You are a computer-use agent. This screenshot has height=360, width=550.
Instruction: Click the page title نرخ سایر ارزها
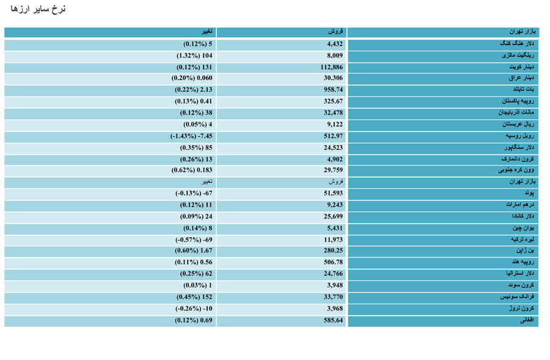coord(38,9)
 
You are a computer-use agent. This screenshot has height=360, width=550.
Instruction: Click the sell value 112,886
coord(331,67)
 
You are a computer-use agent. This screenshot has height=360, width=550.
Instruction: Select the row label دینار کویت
coord(521,67)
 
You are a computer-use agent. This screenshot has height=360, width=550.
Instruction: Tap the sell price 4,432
coord(335,44)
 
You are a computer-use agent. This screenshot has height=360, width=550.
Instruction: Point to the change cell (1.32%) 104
coord(194,56)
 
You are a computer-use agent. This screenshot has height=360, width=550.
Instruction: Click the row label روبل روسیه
coord(520,136)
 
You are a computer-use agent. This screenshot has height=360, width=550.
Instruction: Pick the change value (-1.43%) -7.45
coord(191,136)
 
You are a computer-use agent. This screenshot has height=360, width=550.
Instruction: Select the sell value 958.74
coord(333,89)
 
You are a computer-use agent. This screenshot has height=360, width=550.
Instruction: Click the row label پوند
coord(529,193)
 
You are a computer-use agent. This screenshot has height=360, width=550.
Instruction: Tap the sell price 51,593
coord(333,193)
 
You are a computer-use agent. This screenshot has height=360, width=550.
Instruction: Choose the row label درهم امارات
coord(520,205)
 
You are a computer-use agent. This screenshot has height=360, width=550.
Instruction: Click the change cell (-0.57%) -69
coord(194,240)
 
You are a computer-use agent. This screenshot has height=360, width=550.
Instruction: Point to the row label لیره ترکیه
coord(522,240)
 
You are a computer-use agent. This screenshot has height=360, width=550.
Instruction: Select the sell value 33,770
coord(333,297)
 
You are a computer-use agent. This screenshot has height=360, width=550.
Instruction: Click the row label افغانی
coord(527,320)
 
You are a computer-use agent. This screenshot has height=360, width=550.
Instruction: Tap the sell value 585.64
coord(333,320)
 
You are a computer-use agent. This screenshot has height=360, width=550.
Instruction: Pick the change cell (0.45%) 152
coord(194,297)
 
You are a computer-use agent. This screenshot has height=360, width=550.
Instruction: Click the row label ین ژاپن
coord(525,251)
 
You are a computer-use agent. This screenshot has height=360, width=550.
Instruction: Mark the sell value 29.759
coord(333,170)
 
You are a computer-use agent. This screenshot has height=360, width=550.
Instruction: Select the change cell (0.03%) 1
coord(198,285)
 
